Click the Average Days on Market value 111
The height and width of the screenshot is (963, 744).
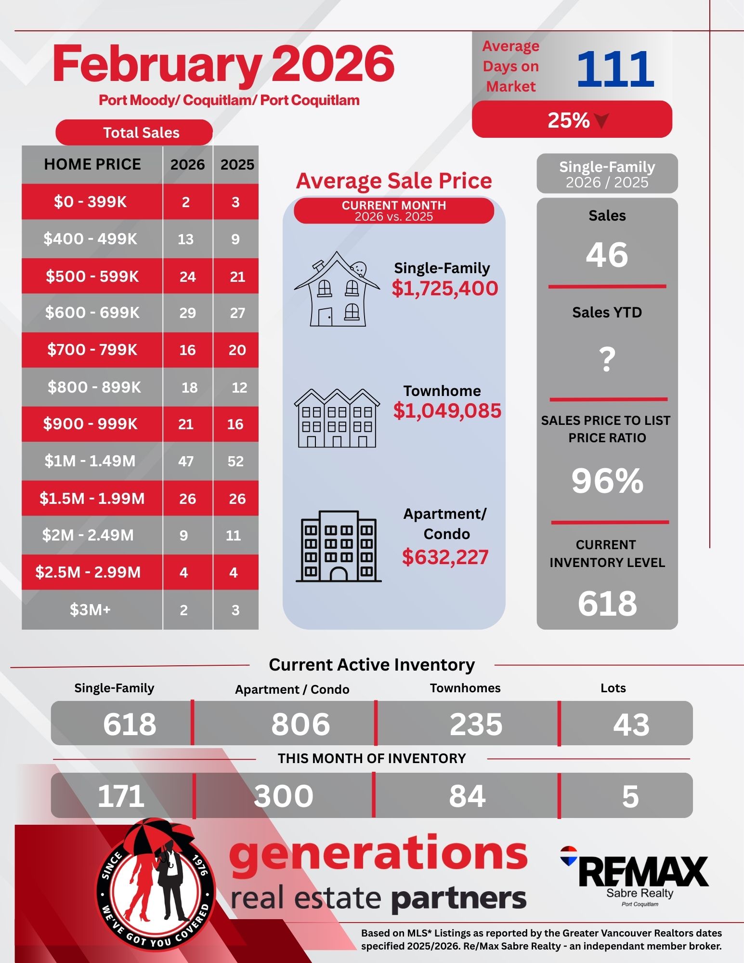click(x=615, y=69)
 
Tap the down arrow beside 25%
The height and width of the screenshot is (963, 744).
click(x=602, y=120)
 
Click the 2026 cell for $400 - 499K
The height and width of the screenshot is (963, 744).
click(x=186, y=239)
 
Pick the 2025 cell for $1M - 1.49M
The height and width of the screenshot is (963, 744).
click(x=235, y=461)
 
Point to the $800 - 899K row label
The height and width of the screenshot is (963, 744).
click(x=94, y=387)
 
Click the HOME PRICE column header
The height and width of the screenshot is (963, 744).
click(x=92, y=164)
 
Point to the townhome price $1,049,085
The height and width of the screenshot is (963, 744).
click(x=447, y=410)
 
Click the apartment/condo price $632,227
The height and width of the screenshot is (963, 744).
click(x=445, y=557)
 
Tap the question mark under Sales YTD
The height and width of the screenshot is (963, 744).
click(x=607, y=359)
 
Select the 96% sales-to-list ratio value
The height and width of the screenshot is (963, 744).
click(x=607, y=481)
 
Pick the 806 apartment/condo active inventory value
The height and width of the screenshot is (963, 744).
click(x=300, y=724)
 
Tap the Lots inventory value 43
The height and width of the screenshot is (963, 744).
click(x=631, y=725)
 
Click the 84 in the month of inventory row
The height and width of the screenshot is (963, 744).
click(x=467, y=796)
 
